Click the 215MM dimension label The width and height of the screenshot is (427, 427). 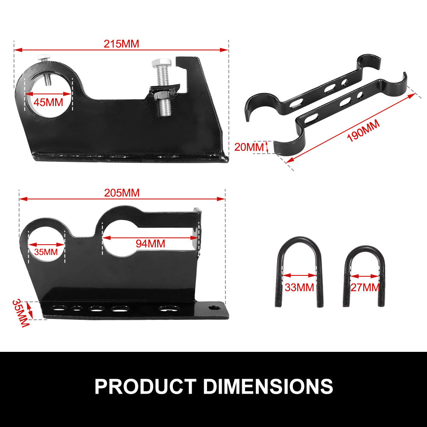121,44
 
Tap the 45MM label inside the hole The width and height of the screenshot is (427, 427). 48,102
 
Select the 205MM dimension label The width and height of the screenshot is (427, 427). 122,193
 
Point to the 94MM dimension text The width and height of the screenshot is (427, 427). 150,243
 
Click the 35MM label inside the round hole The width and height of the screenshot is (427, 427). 46,252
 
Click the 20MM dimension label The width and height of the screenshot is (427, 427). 250,147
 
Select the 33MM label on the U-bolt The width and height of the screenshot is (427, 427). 299,287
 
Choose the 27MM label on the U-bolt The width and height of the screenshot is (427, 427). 365,287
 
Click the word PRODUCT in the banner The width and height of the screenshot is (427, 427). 145,386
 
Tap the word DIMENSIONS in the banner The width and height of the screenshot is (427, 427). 268,386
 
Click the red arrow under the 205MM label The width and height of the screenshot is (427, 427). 122,199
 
